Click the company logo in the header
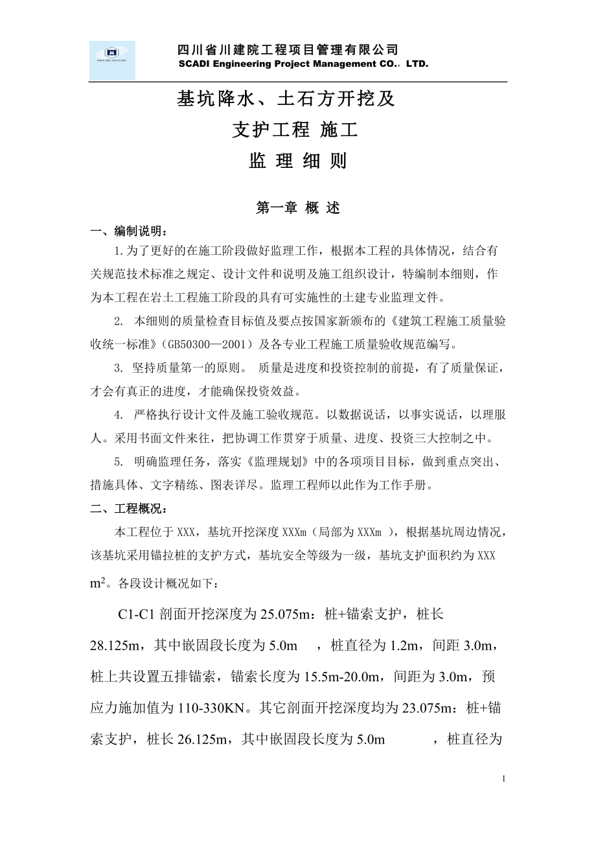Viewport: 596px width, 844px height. tap(112, 60)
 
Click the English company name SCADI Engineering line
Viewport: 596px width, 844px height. tap(303, 64)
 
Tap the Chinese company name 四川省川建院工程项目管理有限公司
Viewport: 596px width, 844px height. tap(288, 50)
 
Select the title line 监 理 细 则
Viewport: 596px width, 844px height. tap(298, 161)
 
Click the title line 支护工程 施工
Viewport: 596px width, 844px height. tap(295, 130)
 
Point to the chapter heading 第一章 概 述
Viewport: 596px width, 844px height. tap(298, 208)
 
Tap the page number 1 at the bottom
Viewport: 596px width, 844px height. tap(504, 778)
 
